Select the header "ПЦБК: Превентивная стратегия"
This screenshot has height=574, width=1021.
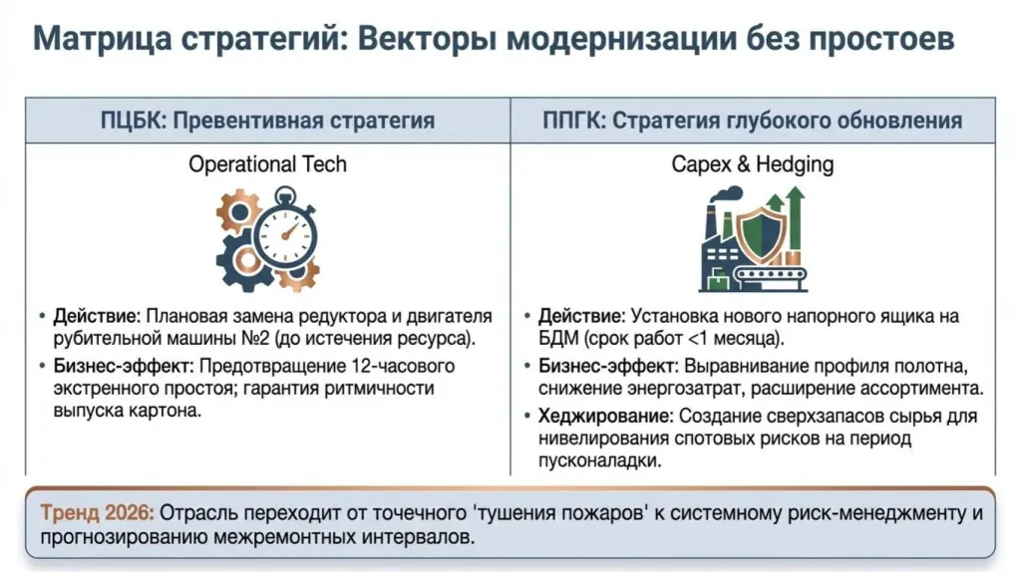(267, 121)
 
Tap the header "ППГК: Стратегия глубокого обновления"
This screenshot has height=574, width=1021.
(752, 121)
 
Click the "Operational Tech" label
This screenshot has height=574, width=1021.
(267, 164)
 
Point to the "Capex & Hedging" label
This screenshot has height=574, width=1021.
(752, 164)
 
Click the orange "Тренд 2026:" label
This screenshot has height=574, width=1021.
(97, 514)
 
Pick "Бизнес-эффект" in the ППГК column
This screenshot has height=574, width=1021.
(602, 366)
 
